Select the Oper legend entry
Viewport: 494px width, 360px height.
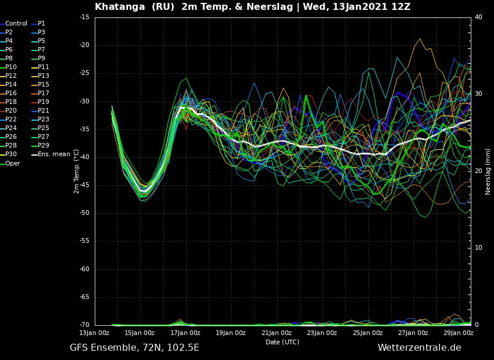click(12, 163)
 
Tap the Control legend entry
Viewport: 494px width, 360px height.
click(16, 24)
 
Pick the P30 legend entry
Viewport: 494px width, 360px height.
click(11, 154)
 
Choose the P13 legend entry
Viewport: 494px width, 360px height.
click(44, 76)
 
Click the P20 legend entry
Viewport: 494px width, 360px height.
click(11, 111)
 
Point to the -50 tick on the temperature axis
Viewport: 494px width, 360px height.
click(84, 213)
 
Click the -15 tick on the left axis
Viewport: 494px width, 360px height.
click(84, 17)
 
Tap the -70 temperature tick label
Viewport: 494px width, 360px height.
click(84, 325)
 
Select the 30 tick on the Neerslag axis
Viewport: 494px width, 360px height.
click(478, 94)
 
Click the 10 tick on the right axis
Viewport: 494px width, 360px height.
click(478, 248)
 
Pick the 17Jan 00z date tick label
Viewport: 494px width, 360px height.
click(185, 333)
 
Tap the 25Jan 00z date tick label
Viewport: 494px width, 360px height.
click(368, 333)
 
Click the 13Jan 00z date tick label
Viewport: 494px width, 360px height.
click(94, 333)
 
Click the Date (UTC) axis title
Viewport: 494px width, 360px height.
click(282, 343)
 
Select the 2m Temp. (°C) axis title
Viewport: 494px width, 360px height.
click(76, 171)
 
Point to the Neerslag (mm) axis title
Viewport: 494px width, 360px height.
click(488, 171)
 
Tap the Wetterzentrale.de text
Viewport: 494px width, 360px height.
click(419, 348)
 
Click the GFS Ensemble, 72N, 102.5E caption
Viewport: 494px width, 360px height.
click(134, 348)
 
